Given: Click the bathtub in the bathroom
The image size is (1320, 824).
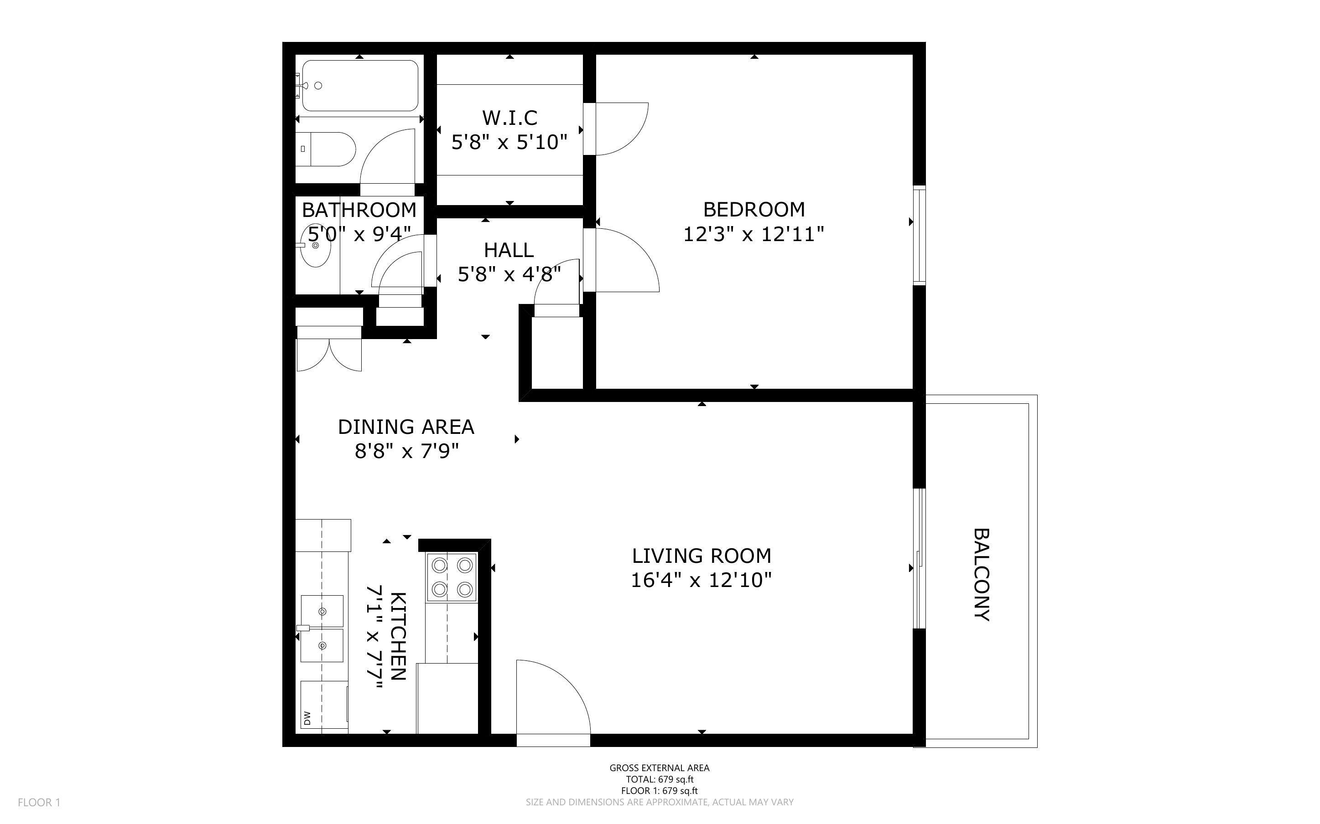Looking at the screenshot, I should [x=360, y=86].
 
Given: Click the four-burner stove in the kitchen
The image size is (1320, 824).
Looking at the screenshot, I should [x=452, y=577].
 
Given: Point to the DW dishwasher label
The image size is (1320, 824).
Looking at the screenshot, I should [x=307, y=718].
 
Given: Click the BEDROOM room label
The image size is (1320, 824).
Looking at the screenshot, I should [x=754, y=209].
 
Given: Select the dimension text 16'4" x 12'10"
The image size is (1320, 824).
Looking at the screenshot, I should [x=701, y=580].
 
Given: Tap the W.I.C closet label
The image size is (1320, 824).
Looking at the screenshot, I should [x=509, y=118].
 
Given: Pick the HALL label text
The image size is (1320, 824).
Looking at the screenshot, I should [x=509, y=250].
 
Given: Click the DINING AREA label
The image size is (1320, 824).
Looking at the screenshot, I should [x=405, y=427].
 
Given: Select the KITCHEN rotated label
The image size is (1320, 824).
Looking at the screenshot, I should [x=399, y=636].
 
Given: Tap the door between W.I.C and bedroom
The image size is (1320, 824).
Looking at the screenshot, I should [x=619, y=129].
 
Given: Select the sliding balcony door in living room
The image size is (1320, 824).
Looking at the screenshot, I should [x=919, y=559].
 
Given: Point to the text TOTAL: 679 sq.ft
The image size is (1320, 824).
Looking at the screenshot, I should [x=659, y=779].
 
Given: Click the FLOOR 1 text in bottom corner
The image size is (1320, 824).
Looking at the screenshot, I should [x=39, y=802].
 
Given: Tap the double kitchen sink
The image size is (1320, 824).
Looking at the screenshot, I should [x=322, y=628].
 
